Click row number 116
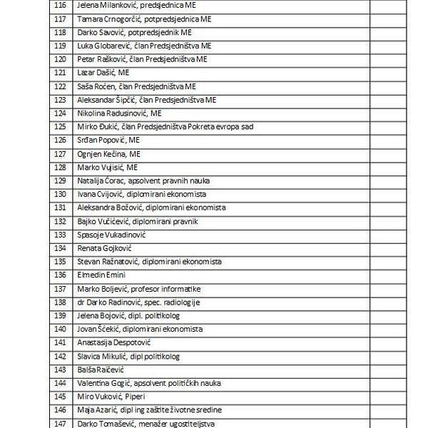[60, 5]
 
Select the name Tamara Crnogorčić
[108, 19]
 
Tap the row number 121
[60, 73]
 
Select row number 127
[60, 154]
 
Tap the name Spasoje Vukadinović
[111, 235]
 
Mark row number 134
[60, 248]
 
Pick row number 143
[60, 370]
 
